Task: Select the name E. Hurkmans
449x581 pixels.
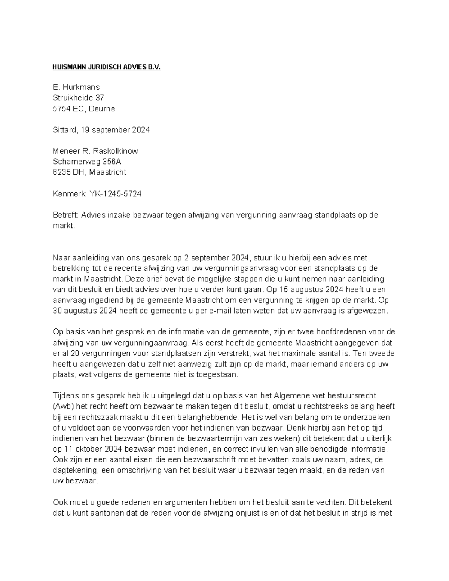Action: (x=76, y=87)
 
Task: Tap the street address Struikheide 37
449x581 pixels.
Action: (x=78, y=98)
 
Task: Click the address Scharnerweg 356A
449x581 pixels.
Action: (x=87, y=162)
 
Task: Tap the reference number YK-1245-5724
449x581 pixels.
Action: (x=115, y=194)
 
